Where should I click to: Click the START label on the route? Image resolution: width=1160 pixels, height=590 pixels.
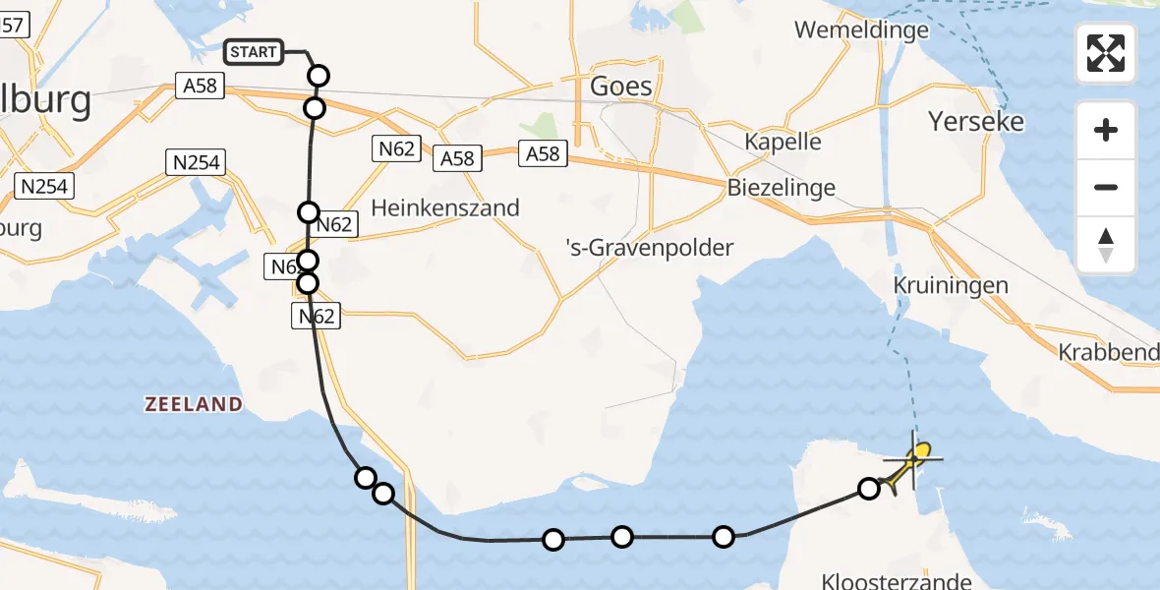pos(254,52)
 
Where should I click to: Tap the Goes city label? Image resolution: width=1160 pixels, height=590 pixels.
pos(620,86)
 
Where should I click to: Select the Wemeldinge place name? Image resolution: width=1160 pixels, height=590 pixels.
pos(861,29)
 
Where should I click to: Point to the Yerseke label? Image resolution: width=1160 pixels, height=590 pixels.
pos(976,122)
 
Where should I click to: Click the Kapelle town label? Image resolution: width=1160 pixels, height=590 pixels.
pos(783,141)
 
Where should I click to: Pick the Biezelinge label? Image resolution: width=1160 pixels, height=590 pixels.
pos(782,187)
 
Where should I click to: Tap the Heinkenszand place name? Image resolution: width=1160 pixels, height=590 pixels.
pos(444,208)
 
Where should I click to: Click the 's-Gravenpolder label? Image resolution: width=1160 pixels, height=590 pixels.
pos(650,247)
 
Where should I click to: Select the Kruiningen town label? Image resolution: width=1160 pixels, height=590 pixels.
pos(951,285)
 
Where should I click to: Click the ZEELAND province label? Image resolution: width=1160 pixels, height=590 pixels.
pos(193,404)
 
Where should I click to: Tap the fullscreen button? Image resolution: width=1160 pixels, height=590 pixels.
pos(1106,53)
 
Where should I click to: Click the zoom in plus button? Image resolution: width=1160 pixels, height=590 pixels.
pos(1106,130)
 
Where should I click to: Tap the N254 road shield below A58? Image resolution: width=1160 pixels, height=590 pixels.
pos(198,162)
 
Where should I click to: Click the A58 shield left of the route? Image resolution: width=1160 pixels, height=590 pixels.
pos(200,87)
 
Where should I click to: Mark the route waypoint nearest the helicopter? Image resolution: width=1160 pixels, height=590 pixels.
pos(869,488)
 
